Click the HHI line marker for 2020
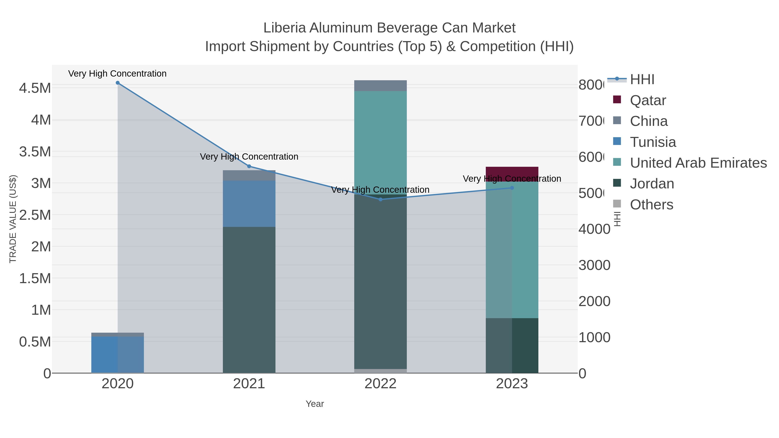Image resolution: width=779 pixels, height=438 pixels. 118,83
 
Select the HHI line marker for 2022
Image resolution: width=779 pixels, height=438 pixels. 380,199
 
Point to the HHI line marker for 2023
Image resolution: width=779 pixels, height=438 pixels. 512,188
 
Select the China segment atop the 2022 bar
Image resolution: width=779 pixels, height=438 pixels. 380,85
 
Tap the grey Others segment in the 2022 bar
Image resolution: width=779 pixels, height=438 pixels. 380,371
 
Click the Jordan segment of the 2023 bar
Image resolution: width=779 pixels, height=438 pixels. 512,345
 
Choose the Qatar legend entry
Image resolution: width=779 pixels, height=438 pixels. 648,100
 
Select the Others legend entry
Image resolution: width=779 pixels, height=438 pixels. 651,205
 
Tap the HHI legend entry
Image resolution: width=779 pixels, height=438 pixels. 642,80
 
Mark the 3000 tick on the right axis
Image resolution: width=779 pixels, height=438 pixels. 594,265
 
